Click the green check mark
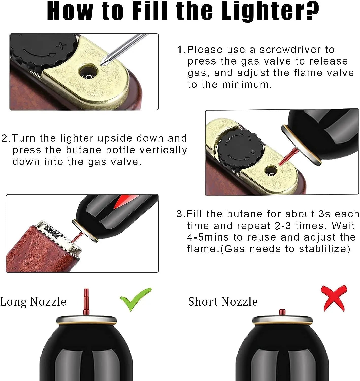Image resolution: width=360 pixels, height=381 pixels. click(x=135, y=300)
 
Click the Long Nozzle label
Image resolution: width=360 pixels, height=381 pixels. click(x=33, y=302)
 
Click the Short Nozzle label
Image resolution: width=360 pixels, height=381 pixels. click(x=223, y=302)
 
